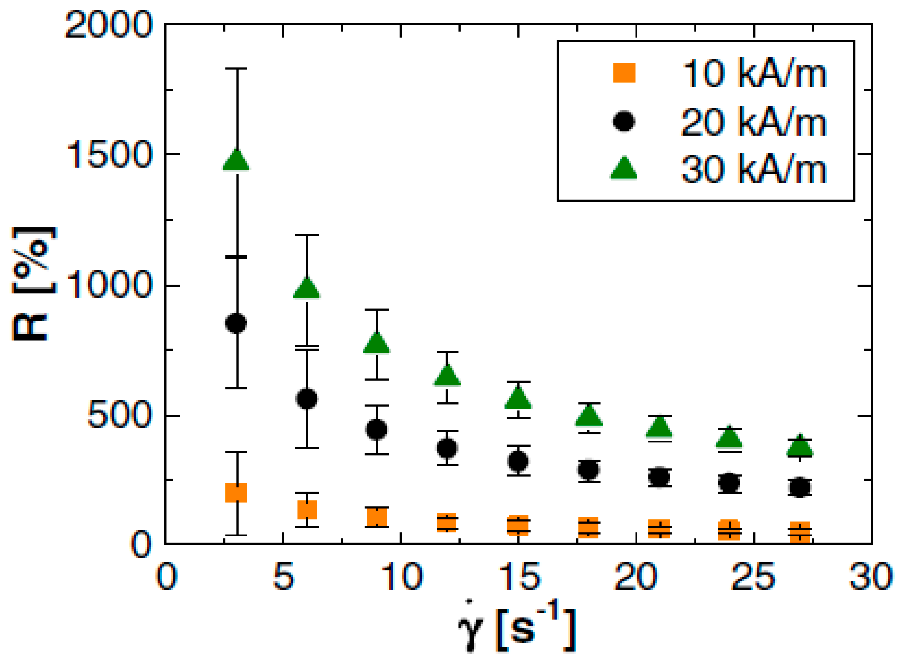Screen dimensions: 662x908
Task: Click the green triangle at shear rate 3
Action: tap(237, 160)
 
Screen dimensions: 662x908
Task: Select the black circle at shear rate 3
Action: tap(236, 323)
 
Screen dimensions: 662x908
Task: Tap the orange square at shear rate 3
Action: tap(236, 492)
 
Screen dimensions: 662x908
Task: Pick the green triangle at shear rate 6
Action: tap(307, 288)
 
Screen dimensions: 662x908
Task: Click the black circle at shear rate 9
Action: tap(377, 429)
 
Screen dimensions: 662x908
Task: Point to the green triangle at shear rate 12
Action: tap(447, 376)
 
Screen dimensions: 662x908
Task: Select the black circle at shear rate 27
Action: tap(799, 487)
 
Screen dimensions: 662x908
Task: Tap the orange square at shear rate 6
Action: tap(307, 510)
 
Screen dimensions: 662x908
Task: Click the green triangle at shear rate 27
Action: tap(800, 446)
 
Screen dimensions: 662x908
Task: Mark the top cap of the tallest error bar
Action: tap(237, 69)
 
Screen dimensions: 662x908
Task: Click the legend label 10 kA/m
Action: tap(754, 74)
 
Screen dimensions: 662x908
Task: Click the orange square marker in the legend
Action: tap(624, 73)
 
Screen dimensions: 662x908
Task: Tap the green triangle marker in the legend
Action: tap(624, 168)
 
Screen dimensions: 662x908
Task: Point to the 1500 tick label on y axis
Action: tap(109, 154)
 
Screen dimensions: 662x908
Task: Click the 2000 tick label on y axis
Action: tap(109, 25)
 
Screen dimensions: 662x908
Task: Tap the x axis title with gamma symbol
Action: tap(516, 628)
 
